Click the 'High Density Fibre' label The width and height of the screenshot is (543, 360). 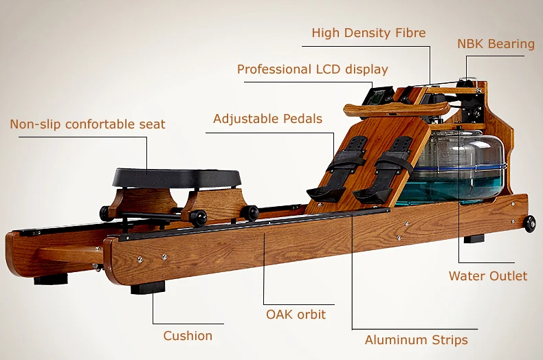pyautogui.click(x=368, y=33)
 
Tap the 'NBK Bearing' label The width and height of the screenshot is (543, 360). pyautogui.click(x=496, y=45)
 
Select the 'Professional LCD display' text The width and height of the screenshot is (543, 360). pyautogui.click(x=312, y=69)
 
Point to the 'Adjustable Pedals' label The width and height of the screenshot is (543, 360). pyautogui.click(x=267, y=119)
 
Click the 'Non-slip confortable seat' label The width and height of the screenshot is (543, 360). pyautogui.click(x=87, y=124)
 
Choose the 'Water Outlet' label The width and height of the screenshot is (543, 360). pyautogui.click(x=488, y=276)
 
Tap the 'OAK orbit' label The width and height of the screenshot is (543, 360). pyautogui.click(x=296, y=315)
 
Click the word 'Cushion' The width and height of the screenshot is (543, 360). pyautogui.click(x=188, y=336)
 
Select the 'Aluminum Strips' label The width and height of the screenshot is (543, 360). pyautogui.click(x=416, y=340)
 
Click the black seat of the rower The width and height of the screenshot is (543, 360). pyautogui.click(x=177, y=177)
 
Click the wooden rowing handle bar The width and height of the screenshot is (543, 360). pyautogui.click(x=395, y=110)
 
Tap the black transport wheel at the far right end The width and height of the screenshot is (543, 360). pyautogui.click(x=530, y=224)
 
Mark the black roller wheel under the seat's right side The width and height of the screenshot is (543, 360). pyautogui.click(x=199, y=217)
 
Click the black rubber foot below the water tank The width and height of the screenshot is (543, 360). pyautogui.click(x=474, y=238)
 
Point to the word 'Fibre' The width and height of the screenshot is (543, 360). pyautogui.click(x=409, y=33)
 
